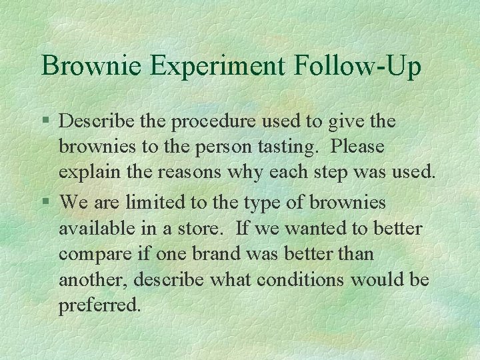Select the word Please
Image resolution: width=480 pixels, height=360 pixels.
point(358,146)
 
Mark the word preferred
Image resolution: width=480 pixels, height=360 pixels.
point(100,306)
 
